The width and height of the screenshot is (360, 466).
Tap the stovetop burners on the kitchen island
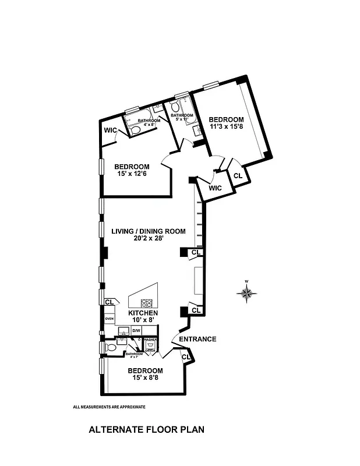(146, 303)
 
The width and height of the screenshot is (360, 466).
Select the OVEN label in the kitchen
(109, 319)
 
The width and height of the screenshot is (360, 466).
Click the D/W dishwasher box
(136, 331)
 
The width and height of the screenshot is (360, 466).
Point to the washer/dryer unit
(150, 345)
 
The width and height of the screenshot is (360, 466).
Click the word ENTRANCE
(197, 339)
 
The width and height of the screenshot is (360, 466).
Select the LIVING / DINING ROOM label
(149, 235)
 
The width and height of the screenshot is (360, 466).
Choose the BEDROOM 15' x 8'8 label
(145, 375)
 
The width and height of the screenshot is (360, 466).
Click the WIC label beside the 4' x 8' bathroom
(111, 129)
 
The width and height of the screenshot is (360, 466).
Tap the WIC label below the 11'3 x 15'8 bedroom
(215, 188)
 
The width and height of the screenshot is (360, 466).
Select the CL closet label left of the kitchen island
(109, 302)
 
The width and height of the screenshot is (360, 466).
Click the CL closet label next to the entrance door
(186, 357)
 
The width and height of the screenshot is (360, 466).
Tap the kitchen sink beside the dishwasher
(123, 332)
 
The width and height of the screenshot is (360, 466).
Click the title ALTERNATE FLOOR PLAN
(146, 430)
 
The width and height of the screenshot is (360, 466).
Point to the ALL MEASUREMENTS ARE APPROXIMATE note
(109, 407)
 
